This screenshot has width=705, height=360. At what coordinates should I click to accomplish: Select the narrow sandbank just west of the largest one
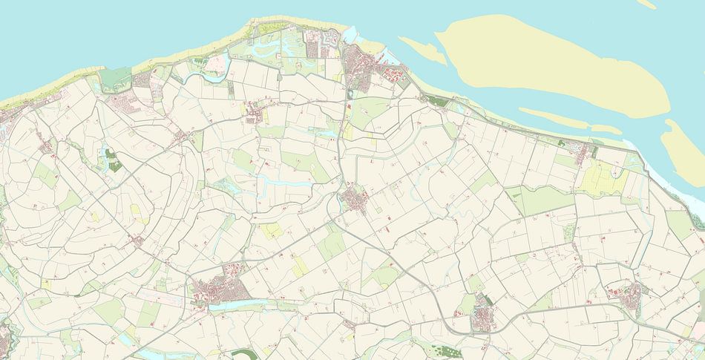click(423, 49)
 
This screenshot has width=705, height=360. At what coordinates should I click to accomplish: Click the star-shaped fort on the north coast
click(329, 39)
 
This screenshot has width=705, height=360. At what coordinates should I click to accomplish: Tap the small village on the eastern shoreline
click(586, 152)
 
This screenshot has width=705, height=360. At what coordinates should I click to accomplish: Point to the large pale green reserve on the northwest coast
click(117, 78)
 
